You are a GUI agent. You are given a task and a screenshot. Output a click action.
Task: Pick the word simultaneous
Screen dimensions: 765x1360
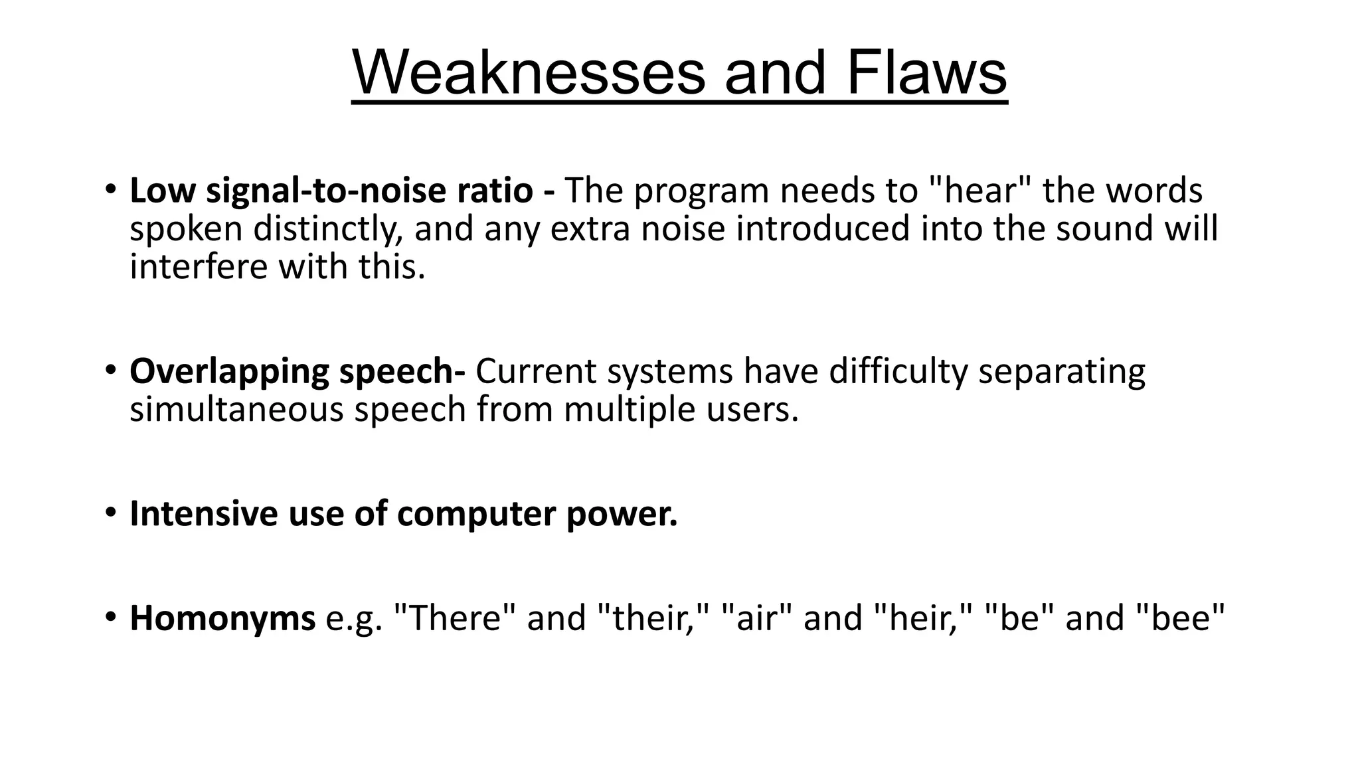point(236,409)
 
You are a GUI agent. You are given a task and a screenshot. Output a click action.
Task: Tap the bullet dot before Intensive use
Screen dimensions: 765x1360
point(110,512)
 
